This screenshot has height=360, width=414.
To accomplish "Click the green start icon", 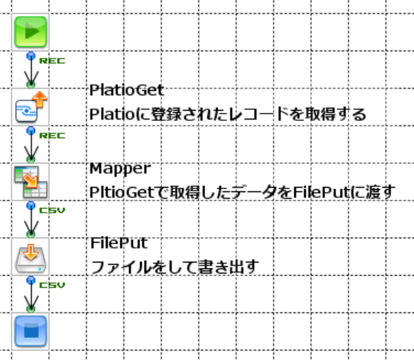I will (31, 32).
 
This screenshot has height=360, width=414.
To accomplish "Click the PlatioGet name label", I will (126, 89).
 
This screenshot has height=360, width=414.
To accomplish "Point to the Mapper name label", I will (120, 168).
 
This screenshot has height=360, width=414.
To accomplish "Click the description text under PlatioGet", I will (227, 114).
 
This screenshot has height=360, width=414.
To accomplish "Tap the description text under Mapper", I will (241, 192).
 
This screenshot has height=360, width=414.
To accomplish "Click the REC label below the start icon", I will (51, 61).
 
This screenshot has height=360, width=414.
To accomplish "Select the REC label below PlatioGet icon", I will (51, 136).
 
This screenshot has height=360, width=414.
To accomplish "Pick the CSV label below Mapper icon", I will (51, 210).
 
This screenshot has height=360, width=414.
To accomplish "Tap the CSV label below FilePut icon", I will (51, 285).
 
